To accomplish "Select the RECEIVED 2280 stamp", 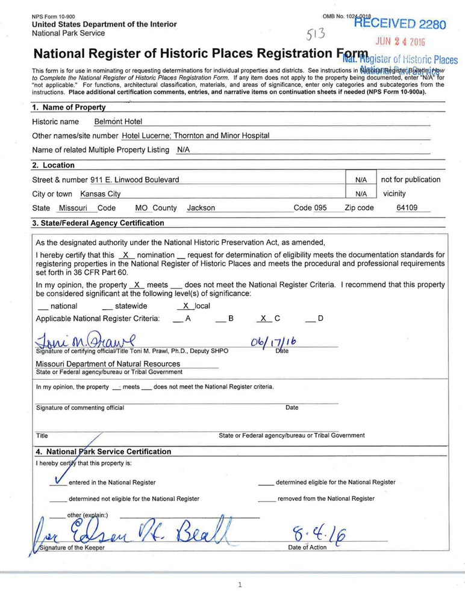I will (399, 24).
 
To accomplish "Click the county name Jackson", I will (201, 208).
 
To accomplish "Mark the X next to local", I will (186, 306).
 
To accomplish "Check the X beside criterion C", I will (263, 318).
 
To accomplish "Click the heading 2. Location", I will (53, 165).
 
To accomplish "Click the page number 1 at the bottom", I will (240, 585).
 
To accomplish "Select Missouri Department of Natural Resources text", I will (108, 364).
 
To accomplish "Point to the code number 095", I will (320, 208).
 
